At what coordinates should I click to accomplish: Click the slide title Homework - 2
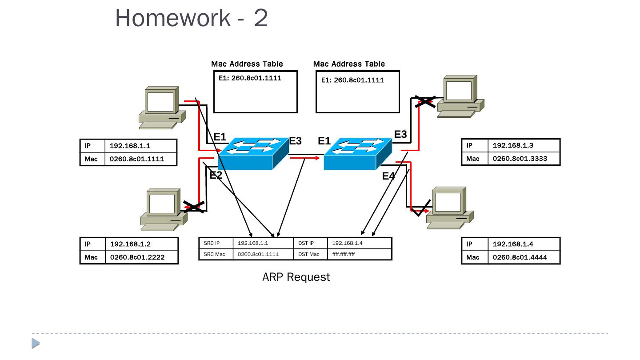click(x=192, y=18)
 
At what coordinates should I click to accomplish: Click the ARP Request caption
click(x=296, y=277)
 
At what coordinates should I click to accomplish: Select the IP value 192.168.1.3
click(x=513, y=145)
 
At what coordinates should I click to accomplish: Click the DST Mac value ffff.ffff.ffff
click(x=343, y=254)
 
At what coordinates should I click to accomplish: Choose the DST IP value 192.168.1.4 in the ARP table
click(x=347, y=243)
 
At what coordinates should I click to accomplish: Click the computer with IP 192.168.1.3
click(x=460, y=96)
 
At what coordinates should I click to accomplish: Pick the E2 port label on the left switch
click(x=216, y=175)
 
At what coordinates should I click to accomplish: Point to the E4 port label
click(x=388, y=176)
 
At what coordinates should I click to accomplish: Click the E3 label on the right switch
click(x=400, y=134)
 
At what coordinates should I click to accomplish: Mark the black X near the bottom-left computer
click(x=194, y=207)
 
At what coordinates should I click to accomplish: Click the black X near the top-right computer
click(x=425, y=101)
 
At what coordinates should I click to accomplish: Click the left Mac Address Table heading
click(x=247, y=64)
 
